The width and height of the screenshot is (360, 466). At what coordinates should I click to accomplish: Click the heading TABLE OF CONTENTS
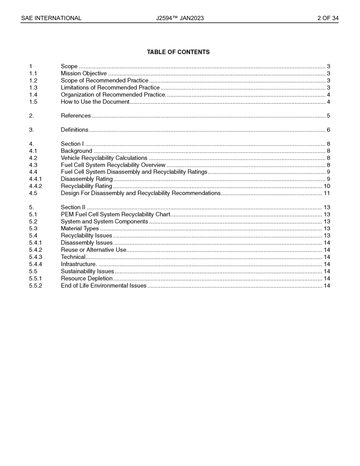coord(178,52)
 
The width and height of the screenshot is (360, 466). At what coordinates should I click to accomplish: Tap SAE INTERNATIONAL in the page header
coord(51,18)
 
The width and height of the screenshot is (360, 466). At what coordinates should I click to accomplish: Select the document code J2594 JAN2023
coord(180,18)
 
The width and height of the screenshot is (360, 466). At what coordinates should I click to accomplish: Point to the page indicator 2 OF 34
coord(328,18)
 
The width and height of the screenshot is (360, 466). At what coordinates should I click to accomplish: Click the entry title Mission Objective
coord(84,73)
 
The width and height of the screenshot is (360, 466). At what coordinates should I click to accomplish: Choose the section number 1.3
coord(33,88)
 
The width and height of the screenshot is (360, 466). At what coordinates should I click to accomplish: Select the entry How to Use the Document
coord(95,102)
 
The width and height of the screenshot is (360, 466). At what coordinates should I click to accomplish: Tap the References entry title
coord(76,116)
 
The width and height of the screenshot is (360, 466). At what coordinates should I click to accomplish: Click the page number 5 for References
coord(328,116)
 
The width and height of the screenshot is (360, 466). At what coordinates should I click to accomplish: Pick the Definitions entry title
coord(75,130)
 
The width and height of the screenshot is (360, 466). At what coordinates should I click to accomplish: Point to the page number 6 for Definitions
coord(328,130)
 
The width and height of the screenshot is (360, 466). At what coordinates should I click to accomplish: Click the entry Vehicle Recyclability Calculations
coord(104,158)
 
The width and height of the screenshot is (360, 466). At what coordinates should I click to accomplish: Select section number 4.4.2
coord(36,186)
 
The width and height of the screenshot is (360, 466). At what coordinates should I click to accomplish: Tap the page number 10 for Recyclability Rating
coord(327,186)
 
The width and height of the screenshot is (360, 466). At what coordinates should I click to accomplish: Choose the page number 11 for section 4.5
coord(327,193)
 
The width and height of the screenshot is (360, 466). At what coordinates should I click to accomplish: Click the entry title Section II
coord(73,207)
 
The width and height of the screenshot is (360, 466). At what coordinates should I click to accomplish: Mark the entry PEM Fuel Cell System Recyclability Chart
coord(116,214)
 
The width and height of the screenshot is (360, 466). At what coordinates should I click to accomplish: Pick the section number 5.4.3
coord(36,257)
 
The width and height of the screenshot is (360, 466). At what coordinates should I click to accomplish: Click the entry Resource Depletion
coord(87,278)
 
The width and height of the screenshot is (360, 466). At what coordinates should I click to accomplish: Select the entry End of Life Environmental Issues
coord(103,286)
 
